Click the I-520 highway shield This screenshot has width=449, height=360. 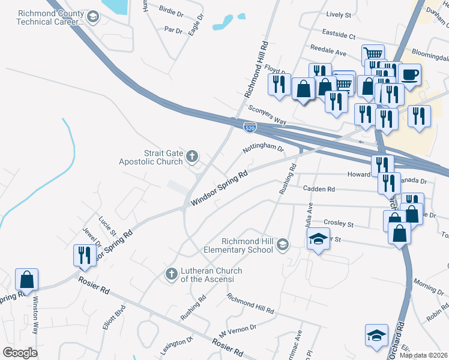coord(251,127)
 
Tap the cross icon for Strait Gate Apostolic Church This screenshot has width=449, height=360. coord(193,157)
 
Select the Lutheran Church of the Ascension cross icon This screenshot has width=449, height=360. coord(171,274)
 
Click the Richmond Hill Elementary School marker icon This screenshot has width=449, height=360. coord(283,244)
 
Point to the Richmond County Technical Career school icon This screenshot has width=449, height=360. coord(92,17)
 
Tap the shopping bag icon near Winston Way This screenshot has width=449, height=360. coord(27,279)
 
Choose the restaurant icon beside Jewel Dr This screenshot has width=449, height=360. coord(83,255)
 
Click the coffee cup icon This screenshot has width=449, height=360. coord(409,75)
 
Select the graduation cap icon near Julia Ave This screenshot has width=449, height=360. coord(318,239)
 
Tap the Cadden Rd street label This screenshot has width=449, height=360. coord(319,189)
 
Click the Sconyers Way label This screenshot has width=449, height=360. coord(267,113)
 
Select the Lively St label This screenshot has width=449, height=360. coord(339,14)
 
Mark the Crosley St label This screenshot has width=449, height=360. coord(339,223)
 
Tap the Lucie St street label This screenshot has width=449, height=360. coord(107,226)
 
